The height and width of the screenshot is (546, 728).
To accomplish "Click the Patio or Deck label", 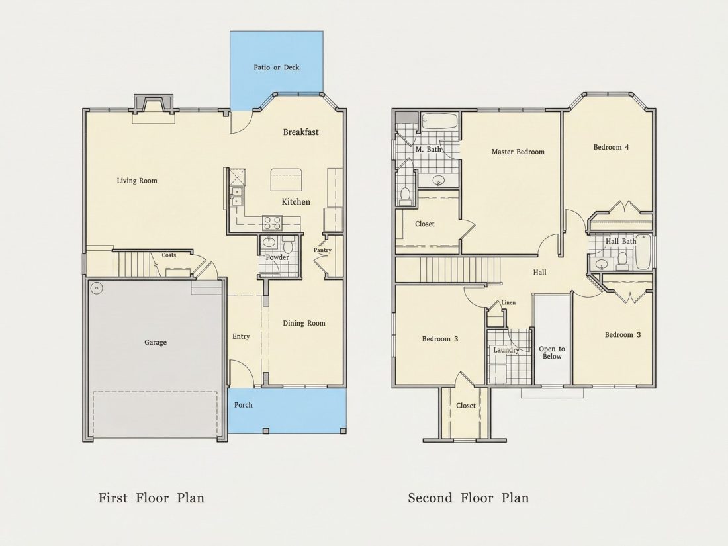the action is coord(276,68).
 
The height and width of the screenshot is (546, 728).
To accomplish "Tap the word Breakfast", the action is coord(301,132).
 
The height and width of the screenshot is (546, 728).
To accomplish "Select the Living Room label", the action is coord(137,181).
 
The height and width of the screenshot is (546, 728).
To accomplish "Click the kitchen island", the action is coord(287,179).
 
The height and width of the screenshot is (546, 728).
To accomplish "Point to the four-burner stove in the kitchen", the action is coord(272,223).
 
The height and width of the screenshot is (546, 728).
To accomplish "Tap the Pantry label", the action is coord(322,250).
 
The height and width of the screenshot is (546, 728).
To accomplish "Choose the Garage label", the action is coord(155,343).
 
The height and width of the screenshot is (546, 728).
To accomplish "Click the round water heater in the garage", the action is coord(97,288).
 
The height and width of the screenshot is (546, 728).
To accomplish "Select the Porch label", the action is coord(244,405).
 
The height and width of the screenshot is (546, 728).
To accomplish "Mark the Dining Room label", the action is coord(304,323).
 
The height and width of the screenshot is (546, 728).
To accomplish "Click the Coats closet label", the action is coord(169,255).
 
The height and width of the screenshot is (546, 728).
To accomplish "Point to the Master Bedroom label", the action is coord(518,152).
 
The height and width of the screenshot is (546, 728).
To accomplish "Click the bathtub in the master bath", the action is coord(439,122).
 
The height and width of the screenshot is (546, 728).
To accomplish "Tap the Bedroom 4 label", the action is coord(611,147).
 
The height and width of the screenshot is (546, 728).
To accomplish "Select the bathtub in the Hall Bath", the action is coord(642,253).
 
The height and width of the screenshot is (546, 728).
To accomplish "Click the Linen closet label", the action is coord(508,302).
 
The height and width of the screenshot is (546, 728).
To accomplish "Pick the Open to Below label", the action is coord(552,353).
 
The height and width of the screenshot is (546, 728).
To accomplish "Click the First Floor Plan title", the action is coord(152,498).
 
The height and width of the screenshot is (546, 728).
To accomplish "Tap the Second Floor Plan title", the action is coord(469,498).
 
